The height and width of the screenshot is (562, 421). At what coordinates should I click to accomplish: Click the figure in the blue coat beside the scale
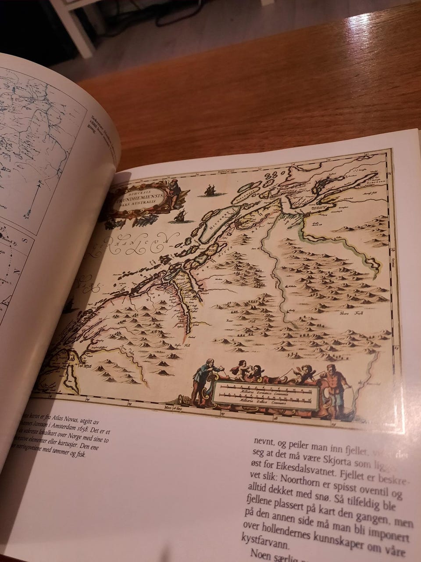(205, 378)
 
